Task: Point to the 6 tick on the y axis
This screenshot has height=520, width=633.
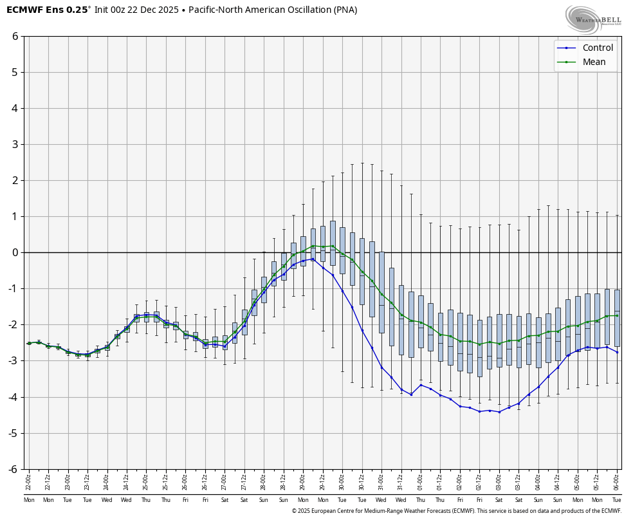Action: tap(15, 36)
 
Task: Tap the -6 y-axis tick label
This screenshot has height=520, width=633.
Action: tap(13, 469)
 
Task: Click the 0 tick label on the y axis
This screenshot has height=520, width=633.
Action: tap(15, 252)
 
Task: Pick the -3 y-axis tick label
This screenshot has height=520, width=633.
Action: tap(13, 361)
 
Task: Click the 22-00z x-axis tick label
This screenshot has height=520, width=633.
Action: tap(28, 481)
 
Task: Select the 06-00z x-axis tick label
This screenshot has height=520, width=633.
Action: tap(617, 481)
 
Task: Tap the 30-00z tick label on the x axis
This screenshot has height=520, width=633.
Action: tap(342, 481)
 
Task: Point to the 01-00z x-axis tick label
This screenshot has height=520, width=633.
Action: tap(421, 481)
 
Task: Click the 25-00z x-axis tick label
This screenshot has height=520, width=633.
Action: tap(146, 481)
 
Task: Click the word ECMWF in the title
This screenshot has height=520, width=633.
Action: tap(24, 10)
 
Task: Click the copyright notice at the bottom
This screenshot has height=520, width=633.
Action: tap(456, 511)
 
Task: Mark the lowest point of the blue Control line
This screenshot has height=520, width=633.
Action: tap(499, 412)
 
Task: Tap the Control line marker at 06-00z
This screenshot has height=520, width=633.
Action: tap(617, 352)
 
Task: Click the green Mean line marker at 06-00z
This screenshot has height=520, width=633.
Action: tap(617, 315)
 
